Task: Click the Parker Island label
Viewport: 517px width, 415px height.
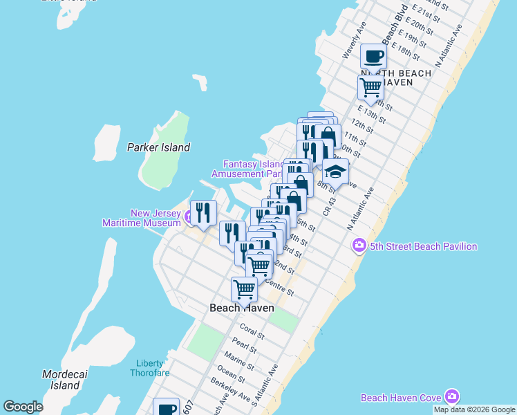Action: (x=158, y=147)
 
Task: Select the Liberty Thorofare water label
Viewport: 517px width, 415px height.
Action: (x=149, y=369)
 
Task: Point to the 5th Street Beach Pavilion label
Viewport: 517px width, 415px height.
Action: (x=423, y=246)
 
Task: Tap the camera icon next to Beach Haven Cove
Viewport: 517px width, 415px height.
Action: (x=452, y=396)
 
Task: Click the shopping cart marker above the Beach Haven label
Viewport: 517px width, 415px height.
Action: (x=244, y=289)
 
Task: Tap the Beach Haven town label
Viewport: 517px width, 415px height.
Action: (x=242, y=308)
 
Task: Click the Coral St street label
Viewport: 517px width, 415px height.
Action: (x=252, y=331)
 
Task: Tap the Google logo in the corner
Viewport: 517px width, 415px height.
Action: (x=23, y=407)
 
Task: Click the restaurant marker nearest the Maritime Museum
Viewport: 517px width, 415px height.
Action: (x=203, y=212)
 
